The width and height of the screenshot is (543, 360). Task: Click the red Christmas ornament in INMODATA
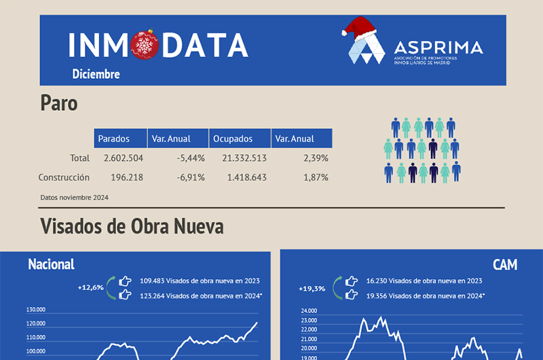[143, 46]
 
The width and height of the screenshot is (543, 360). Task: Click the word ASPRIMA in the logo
[438, 48]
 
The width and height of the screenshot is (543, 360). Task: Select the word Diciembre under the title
[96, 74]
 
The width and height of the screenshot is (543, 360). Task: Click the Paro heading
[59, 103]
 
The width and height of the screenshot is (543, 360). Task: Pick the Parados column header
[113, 139]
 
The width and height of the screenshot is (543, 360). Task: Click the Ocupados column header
[233, 139]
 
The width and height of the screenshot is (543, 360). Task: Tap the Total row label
[79, 158]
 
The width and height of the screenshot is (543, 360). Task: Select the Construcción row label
[64, 177]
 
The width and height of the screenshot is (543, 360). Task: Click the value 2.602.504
[123, 158]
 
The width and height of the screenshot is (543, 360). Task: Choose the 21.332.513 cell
[244, 158]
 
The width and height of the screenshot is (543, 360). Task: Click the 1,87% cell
[316, 177]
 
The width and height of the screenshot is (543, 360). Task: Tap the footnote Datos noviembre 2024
[74, 198]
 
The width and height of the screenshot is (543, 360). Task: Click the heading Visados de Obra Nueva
[132, 226]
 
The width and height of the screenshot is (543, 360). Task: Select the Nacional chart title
[51, 264]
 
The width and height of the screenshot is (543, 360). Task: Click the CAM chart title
[505, 264]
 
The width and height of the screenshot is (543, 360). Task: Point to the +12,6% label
[90, 287]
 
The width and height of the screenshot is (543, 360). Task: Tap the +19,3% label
[312, 289]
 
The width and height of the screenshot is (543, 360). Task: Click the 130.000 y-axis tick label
[36, 309]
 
